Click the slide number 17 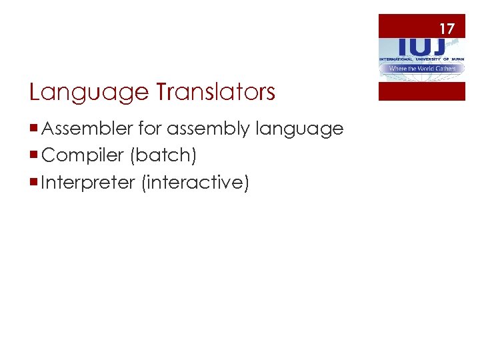[446, 29]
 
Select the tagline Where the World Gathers [421, 68]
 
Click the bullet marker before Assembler [34, 129]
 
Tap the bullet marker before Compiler [34, 155]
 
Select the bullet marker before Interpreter [34, 182]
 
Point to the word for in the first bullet [148, 128]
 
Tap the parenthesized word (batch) [163, 155]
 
